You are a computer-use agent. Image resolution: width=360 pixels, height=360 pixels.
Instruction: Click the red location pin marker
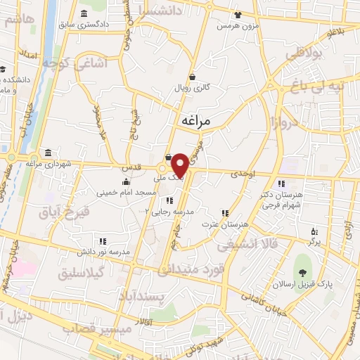180,165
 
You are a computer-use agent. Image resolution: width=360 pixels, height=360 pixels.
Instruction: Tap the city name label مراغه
196,121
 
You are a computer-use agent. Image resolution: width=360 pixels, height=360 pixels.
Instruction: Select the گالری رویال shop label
193,89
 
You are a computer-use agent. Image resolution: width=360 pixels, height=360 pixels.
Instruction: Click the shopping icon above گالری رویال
193,77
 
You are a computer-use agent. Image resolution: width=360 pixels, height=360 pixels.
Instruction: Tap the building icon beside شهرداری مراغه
48,153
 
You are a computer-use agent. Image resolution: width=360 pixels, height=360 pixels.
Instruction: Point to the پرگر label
314,240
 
